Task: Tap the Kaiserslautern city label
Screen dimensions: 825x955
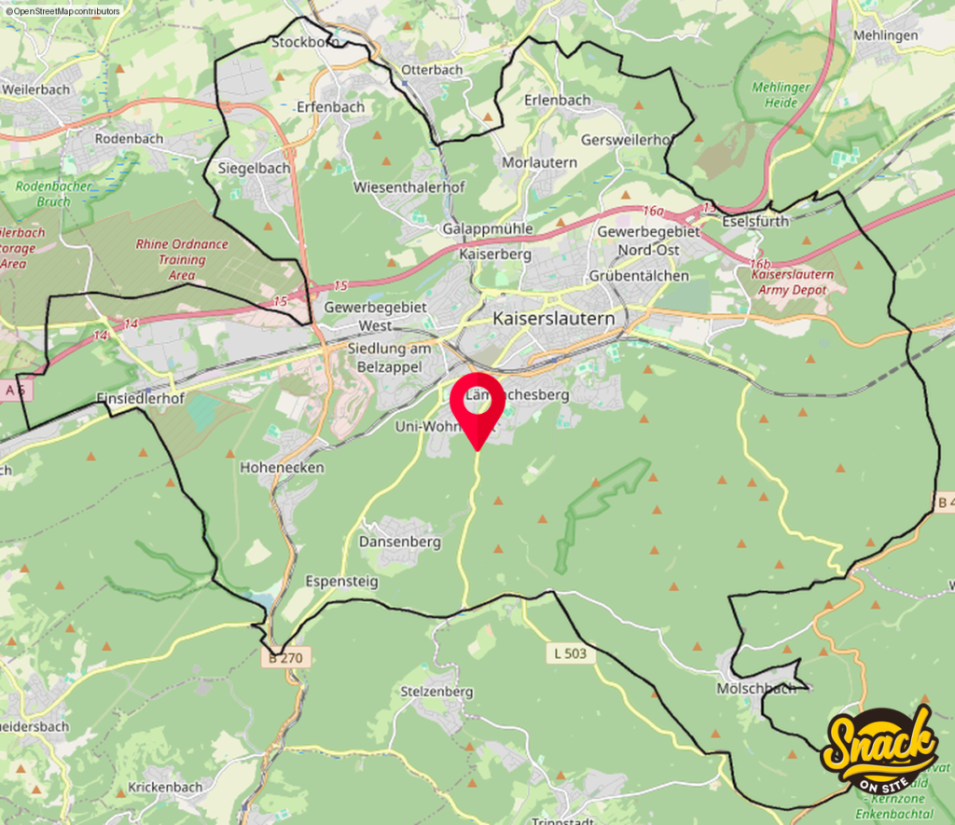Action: pyautogui.click(x=554, y=319)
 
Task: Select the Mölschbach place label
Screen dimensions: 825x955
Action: pyautogui.click(x=756, y=688)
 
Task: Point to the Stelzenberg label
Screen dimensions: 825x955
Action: pyautogui.click(x=436, y=692)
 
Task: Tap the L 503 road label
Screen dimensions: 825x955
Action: pyautogui.click(x=570, y=653)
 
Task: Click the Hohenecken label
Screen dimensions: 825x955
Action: pyautogui.click(x=282, y=467)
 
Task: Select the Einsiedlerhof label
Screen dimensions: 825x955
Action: pyautogui.click(x=140, y=398)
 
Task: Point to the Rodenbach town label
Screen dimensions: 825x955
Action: pyautogui.click(x=129, y=138)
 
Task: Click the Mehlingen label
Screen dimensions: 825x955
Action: pyautogui.click(x=885, y=35)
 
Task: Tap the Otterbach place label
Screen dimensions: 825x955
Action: pyautogui.click(x=432, y=70)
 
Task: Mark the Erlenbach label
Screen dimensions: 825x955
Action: pyautogui.click(x=558, y=100)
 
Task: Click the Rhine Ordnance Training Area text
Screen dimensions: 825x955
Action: pyautogui.click(x=182, y=259)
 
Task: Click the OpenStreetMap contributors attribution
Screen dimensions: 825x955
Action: pyautogui.click(x=62, y=10)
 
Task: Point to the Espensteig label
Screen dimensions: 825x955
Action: pyautogui.click(x=342, y=581)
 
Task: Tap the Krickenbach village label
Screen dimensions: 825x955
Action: pyautogui.click(x=165, y=787)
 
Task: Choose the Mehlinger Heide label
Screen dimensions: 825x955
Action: pyautogui.click(x=782, y=94)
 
